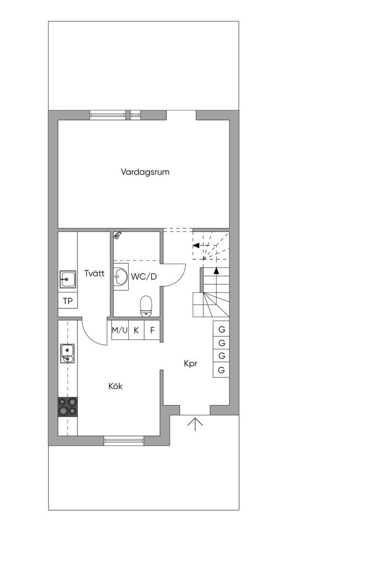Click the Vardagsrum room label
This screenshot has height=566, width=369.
[145, 172]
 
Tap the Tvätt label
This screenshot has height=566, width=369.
[94, 273]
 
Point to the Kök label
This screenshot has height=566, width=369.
[115, 386]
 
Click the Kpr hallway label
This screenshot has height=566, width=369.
[191, 364]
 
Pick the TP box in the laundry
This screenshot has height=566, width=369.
[67, 301]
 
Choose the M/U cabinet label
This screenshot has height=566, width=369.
[120, 331]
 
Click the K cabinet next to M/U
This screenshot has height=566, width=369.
[136, 331]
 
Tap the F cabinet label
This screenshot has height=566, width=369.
[152, 331]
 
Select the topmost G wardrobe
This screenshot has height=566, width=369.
[222, 329]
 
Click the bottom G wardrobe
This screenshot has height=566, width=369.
[222, 370]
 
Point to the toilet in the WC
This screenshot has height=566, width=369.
[146, 306]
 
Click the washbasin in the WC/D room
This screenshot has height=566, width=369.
[121, 276]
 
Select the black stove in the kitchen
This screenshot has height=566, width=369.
[68, 407]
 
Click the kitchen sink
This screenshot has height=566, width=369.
[67, 353]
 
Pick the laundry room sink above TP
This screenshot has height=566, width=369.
[67, 279]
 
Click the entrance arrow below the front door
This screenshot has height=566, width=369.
[194, 423]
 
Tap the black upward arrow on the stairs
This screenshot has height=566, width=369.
[217, 271]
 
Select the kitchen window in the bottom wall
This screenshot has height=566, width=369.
[124, 441]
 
